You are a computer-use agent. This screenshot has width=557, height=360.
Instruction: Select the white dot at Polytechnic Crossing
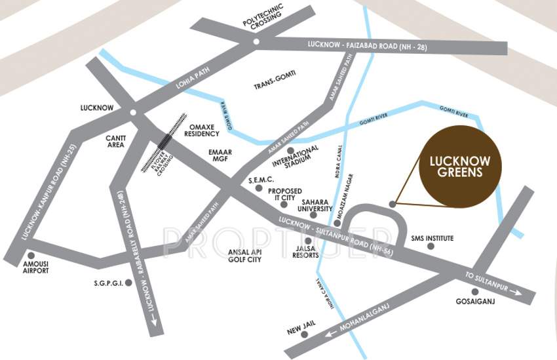pyautogui.click(x=256, y=41)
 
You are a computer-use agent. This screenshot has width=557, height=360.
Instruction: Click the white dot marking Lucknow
pyautogui.click(x=133, y=113)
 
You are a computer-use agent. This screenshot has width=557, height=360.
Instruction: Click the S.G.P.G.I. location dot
pyautogui.click(x=128, y=283)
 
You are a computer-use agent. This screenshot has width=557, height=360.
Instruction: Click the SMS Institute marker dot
pyautogui.click(x=431, y=247)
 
